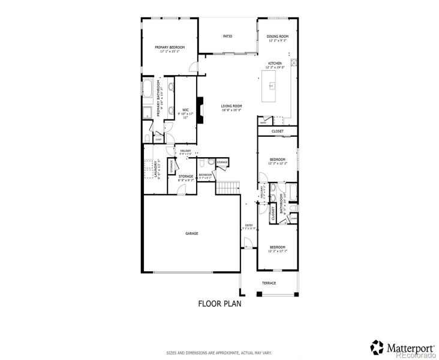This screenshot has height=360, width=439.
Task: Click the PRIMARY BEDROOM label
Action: [170, 47]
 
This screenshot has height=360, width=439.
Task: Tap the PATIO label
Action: [227, 37]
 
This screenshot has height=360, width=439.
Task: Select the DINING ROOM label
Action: [277, 37]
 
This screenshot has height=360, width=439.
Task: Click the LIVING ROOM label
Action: [231, 106]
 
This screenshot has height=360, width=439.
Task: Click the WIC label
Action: [186, 109]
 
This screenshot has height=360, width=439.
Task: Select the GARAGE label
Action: [191, 233]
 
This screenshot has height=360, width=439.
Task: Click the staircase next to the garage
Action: [228, 187]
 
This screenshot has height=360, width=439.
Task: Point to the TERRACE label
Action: [268, 283]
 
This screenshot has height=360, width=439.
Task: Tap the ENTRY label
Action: [249, 226]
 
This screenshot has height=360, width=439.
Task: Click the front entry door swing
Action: [246, 244]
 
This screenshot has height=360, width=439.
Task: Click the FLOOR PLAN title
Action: [220, 303]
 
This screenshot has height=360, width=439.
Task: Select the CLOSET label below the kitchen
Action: [277, 131]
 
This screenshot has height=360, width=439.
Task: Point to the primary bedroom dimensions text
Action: [170, 52]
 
